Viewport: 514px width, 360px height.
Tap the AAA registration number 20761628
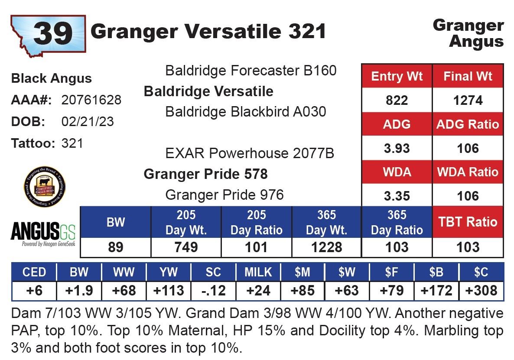(x=91, y=100)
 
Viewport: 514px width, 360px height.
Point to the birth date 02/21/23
(x=88, y=122)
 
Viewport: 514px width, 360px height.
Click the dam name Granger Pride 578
(x=205, y=174)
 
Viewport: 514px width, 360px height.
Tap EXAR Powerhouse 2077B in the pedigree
(x=250, y=153)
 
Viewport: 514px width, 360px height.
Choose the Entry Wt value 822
(x=397, y=101)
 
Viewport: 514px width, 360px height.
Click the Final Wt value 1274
(x=468, y=101)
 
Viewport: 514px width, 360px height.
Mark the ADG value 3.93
(x=397, y=148)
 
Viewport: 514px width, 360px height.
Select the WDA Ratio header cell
(x=468, y=172)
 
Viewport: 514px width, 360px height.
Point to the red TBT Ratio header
(x=468, y=222)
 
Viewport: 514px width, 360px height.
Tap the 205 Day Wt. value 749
(x=186, y=247)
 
